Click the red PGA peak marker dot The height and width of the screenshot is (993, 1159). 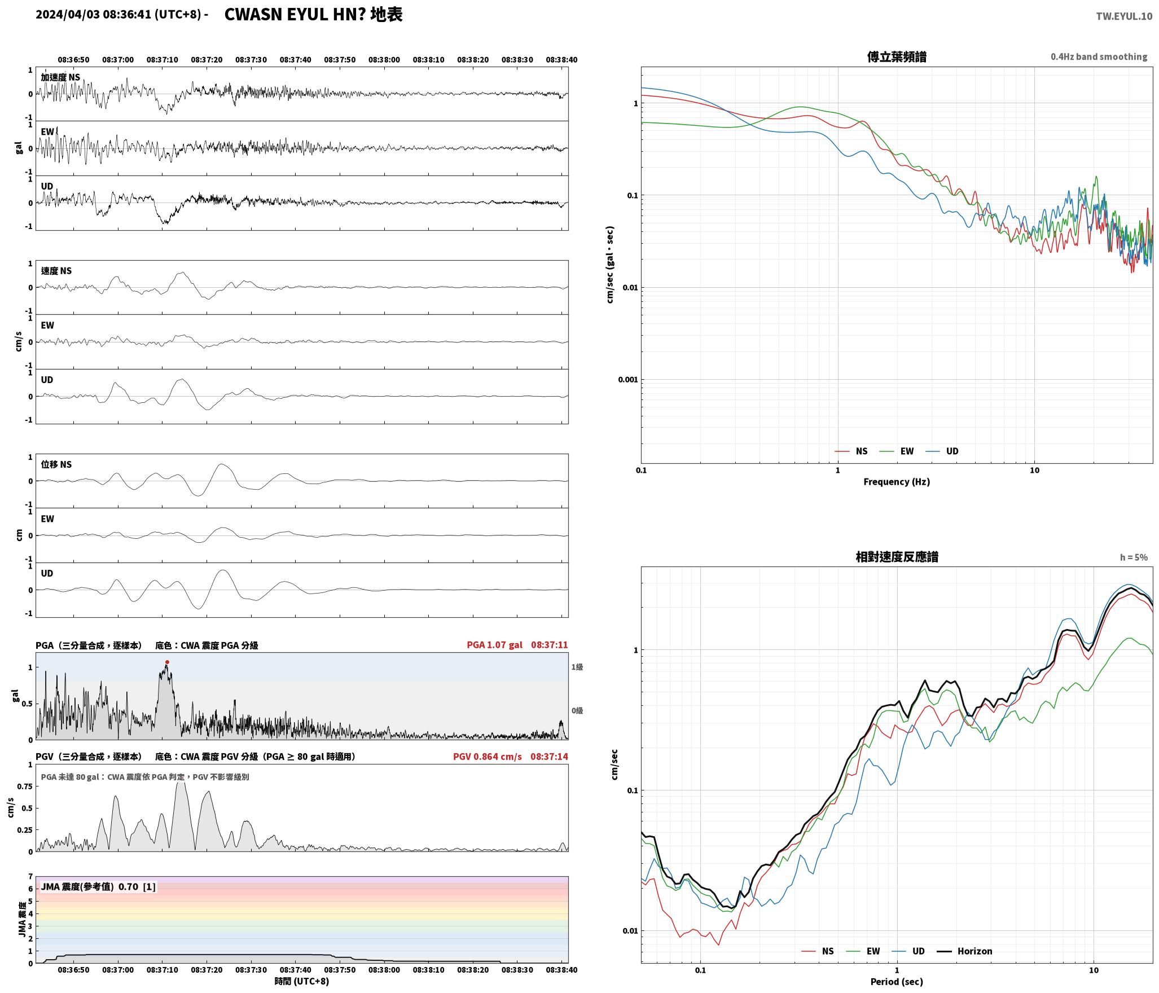(x=167, y=662)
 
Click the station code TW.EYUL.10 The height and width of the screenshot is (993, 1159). (x=1124, y=16)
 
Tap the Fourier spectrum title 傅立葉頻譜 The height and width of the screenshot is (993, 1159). (x=897, y=56)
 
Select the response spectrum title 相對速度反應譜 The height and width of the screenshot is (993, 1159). (x=897, y=557)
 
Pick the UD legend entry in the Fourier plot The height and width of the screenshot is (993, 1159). (x=942, y=451)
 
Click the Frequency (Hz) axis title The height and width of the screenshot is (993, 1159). (x=897, y=481)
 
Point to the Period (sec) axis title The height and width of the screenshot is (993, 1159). (x=897, y=981)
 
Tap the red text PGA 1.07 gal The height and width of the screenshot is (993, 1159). (x=494, y=644)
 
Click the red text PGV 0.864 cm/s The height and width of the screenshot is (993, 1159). (x=488, y=756)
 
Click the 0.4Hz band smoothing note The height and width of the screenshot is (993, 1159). (x=1099, y=56)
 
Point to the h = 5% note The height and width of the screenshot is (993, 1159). (x=1134, y=557)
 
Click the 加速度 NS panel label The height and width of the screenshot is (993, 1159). (x=60, y=77)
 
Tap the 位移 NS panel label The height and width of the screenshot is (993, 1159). (x=56, y=464)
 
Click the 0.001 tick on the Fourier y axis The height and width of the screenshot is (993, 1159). (x=627, y=379)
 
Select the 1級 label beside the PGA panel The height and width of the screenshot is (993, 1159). (x=577, y=667)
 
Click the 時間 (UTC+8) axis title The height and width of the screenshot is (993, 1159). (x=302, y=981)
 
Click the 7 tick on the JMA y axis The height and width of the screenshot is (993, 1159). (x=30, y=876)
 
